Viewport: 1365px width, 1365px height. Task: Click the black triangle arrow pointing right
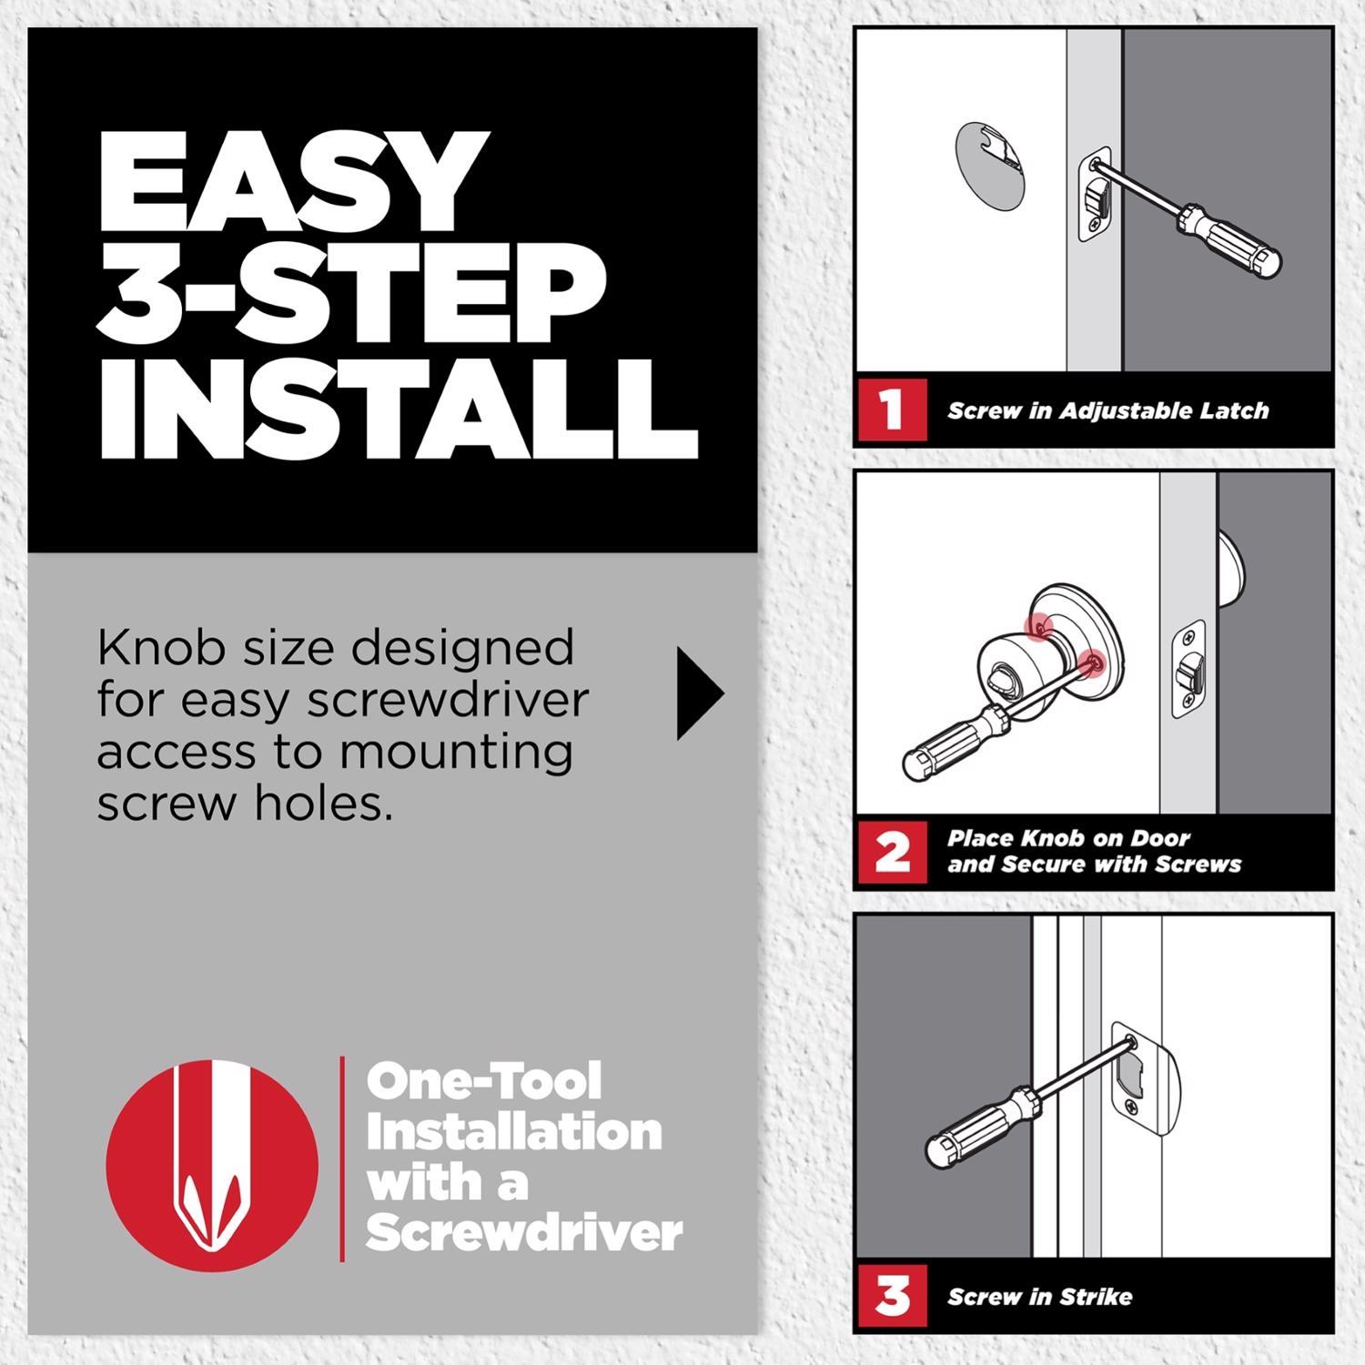(699, 693)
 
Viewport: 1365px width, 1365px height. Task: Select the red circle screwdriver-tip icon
(212, 1166)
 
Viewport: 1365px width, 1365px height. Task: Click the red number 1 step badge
(891, 409)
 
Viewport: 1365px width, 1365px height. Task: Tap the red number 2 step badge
(891, 853)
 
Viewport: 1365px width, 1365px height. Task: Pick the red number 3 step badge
(891, 1296)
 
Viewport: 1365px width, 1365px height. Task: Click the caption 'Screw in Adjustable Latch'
(1107, 411)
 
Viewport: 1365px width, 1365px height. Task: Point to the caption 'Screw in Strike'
(1039, 1297)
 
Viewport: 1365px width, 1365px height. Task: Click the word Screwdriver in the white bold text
(524, 1233)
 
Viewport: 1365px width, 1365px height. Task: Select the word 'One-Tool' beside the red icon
(483, 1082)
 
